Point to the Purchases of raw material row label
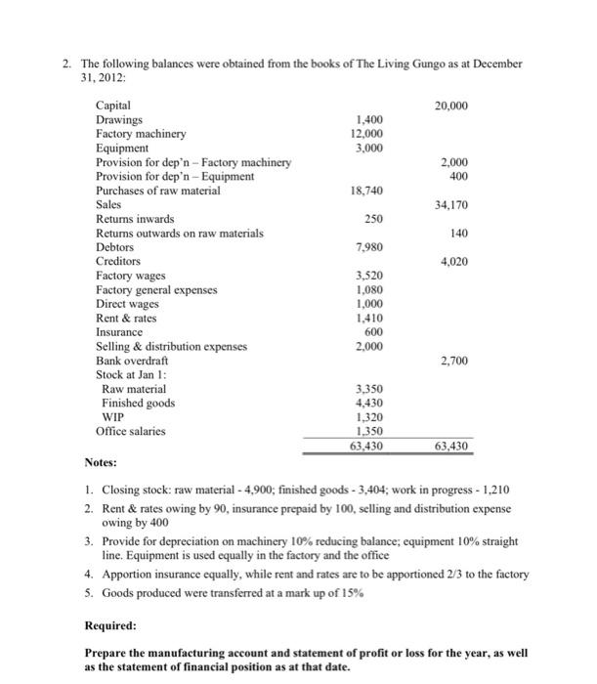(157, 191)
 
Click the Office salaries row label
(131, 432)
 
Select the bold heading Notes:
(101, 461)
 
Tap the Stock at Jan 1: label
(130, 375)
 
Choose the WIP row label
(113, 417)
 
